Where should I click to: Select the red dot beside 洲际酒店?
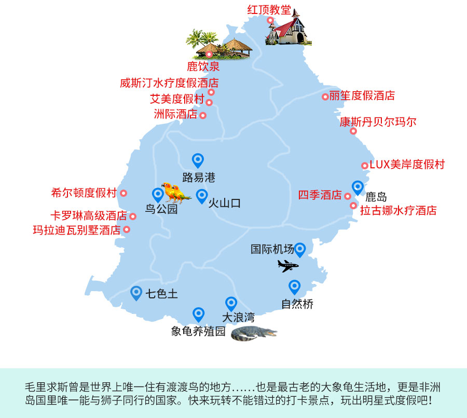203,116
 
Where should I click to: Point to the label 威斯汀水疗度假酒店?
169,83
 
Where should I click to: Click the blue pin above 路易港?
198,161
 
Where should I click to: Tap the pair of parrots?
174,192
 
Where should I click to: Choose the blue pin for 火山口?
202,196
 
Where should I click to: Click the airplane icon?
288,266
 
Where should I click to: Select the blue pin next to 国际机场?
300,250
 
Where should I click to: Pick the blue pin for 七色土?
136,293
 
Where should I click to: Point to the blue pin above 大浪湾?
231,304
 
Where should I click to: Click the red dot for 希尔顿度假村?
123,193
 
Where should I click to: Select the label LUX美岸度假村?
407,165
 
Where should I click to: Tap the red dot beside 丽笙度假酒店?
325,96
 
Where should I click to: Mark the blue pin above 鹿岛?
358,187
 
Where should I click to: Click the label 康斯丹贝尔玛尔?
378,122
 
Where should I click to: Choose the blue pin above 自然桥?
295,286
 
